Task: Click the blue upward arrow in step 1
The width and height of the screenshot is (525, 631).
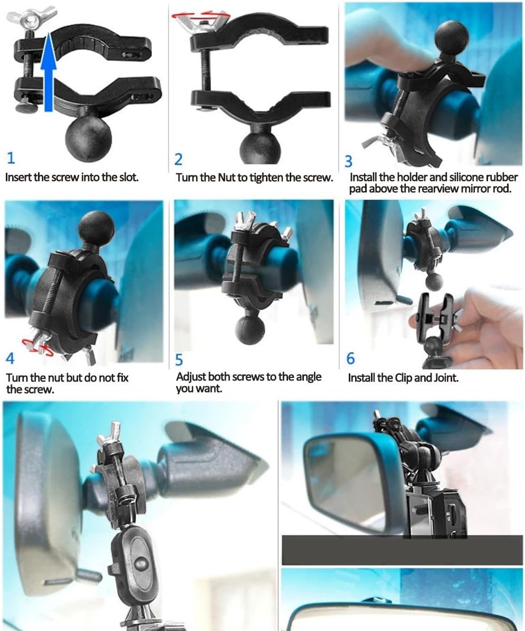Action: point(48,71)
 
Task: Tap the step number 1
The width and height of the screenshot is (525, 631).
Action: point(11,157)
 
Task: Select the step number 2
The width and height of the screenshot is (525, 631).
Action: point(178,160)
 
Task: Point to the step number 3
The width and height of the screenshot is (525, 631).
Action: point(348,161)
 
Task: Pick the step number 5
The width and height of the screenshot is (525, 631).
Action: point(179,359)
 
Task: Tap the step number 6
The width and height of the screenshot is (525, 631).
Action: point(351,358)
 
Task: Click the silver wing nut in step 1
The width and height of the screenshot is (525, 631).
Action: point(32,18)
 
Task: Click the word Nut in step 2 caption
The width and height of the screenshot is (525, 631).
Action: point(227,178)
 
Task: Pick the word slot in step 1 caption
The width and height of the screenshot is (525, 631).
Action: point(129,178)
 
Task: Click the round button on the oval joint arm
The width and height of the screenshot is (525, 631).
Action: point(139,562)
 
